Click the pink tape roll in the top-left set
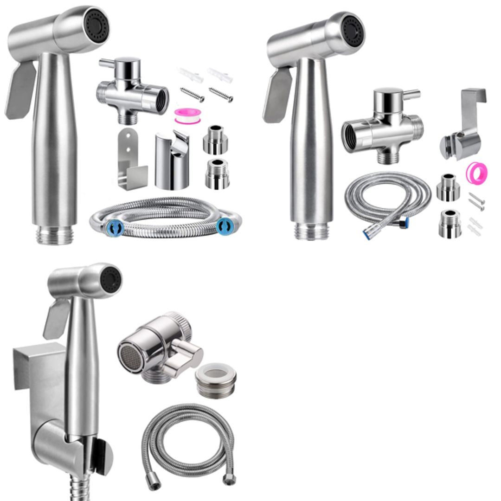tap(185, 116)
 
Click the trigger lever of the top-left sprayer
tap(21, 90)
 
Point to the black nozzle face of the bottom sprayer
tap(111, 280)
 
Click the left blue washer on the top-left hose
tap(115, 228)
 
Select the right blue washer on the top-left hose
tap(225, 227)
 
